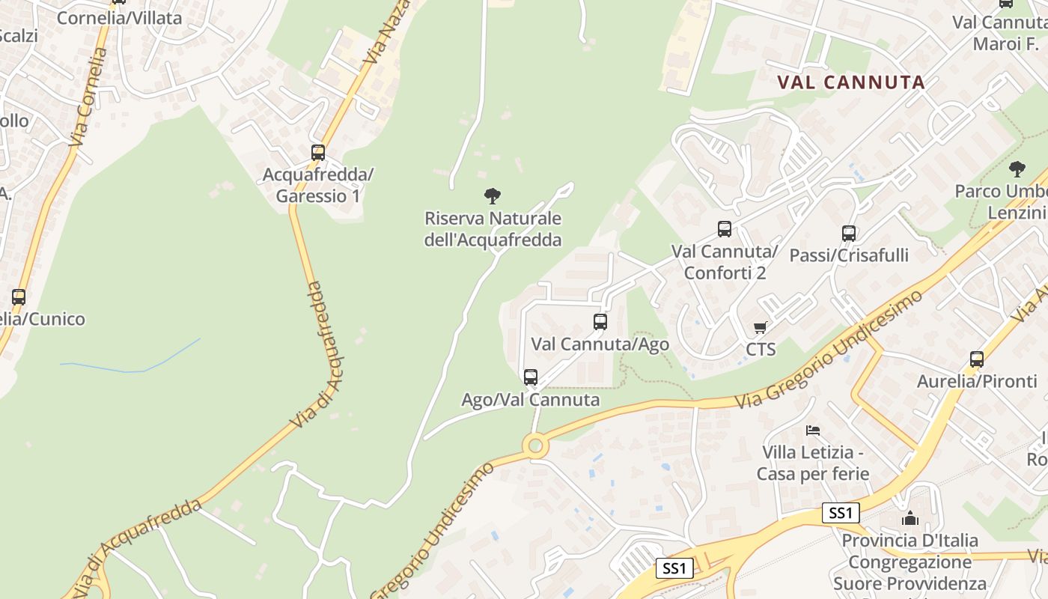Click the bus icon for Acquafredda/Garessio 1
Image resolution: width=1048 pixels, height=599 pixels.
pos(318,153)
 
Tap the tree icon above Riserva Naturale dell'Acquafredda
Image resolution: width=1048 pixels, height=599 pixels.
pos(492,196)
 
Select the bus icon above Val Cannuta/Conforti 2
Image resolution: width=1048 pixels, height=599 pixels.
pos(724,229)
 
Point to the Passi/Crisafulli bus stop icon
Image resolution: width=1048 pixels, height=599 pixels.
pos(848,233)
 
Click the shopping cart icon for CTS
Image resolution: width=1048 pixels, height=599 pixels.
pos(761,328)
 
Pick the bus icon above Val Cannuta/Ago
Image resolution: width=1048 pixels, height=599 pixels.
pos(600,322)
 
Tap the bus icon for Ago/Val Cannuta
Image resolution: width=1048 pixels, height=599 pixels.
pos(530,377)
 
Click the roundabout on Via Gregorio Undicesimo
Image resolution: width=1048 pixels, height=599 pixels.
pos(534,446)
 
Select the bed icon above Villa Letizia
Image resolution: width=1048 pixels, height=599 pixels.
pos(813,431)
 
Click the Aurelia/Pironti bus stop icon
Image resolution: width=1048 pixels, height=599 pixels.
pos(976,359)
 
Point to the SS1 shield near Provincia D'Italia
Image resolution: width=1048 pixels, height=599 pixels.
pos(841,513)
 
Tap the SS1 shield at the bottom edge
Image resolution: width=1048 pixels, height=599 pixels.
pos(674,568)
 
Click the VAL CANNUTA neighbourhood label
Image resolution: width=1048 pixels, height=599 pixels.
pos(851,82)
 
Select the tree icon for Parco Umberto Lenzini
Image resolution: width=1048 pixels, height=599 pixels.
pos(1017,169)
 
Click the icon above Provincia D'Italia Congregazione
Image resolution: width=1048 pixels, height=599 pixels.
pos(910,518)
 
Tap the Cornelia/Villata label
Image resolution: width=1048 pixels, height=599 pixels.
pos(120,18)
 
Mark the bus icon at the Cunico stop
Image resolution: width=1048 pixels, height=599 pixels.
pos(19,297)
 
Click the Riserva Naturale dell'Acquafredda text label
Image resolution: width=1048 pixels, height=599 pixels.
pos(493,229)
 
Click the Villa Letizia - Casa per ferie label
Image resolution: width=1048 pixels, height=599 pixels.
pos(813,463)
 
